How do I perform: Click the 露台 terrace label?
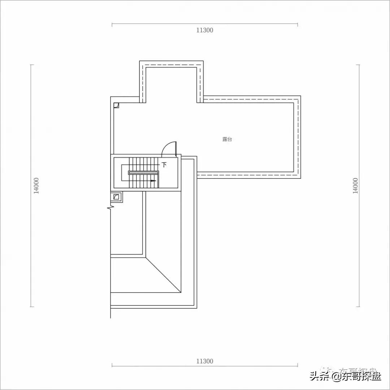click(227, 139)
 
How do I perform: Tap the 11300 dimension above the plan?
click(205, 30)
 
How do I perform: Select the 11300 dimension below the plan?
click(205, 361)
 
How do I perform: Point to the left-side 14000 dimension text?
click(36, 186)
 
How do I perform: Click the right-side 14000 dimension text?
click(355, 186)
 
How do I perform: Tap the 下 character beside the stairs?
click(164, 165)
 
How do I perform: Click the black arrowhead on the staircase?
click(154, 181)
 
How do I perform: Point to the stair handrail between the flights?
click(144, 173)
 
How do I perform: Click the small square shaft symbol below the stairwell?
click(116, 197)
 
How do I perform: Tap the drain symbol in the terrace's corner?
click(116, 105)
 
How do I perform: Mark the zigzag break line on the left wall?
click(110, 208)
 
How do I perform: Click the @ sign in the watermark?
click(337, 377)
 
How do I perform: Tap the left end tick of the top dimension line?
click(112, 25)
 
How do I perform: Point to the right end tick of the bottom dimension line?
click(298, 366)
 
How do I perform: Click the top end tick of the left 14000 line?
click(32, 65)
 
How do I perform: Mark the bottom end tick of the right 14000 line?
click(358, 307)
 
